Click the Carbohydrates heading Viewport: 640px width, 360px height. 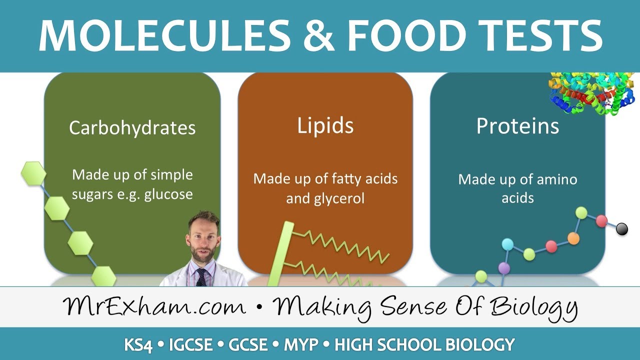click(132, 127)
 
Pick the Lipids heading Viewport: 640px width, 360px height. click(325, 125)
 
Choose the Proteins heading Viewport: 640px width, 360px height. click(517, 126)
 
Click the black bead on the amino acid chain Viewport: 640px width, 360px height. click(622, 229)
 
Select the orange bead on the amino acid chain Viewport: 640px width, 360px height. click(573, 238)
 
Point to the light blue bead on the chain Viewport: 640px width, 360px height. click(507, 244)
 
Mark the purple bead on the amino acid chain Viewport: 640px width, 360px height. click(504, 268)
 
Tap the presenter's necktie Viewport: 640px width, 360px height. click(201, 276)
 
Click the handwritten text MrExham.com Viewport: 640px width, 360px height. click(154, 306)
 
